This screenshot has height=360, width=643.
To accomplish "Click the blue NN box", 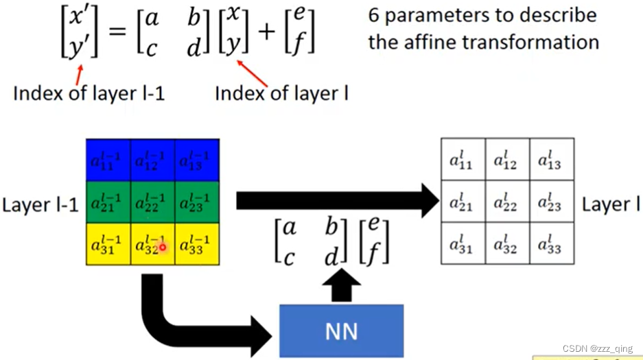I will [x=341, y=331].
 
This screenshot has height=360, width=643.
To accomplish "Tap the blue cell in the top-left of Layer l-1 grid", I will [x=108, y=160].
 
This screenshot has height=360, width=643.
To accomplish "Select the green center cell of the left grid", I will [x=152, y=202].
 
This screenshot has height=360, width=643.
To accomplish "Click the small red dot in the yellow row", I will [x=163, y=247].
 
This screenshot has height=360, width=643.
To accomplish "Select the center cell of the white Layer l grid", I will [x=506, y=203].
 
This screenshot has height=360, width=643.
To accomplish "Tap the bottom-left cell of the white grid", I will [x=462, y=244].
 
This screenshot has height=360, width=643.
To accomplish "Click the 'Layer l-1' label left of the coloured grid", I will [x=40, y=204].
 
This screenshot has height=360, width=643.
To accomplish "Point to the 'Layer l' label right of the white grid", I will [x=606, y=204].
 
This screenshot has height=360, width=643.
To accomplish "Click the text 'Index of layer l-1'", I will [x=89, y=94].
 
